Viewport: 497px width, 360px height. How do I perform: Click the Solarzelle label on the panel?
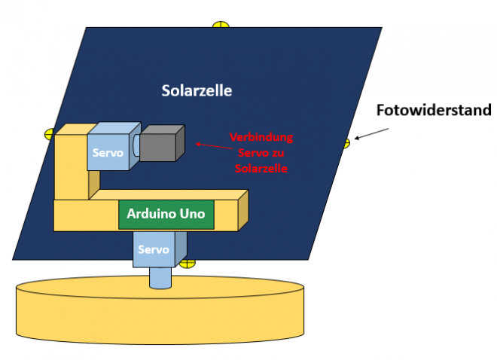coord(197,91)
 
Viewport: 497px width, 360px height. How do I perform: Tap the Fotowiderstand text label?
coord(433,111)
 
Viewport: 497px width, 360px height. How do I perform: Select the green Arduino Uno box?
coord(166,215)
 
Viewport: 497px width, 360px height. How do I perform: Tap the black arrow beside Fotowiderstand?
coord(372,133)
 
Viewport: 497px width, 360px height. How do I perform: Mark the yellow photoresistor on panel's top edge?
coord(220,25)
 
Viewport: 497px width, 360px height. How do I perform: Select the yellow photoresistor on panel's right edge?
coord(346,142)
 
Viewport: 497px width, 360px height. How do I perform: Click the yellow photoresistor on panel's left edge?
coord(50,134)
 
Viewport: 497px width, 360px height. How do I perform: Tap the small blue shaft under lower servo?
coord(160,278)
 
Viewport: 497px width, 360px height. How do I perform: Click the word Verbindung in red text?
coord(261,138)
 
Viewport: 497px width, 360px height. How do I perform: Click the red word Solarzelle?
coord(261,168)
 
